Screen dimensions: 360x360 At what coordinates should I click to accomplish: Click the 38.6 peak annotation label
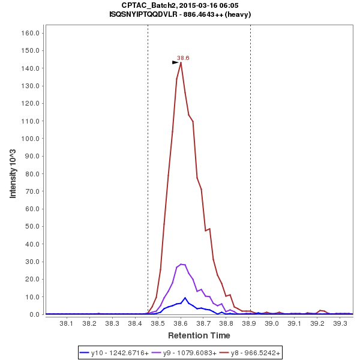coord(183,58)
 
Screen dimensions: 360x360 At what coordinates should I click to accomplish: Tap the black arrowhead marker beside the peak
coord(175,62)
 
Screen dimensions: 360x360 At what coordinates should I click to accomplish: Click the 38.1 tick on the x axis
coord(67,324)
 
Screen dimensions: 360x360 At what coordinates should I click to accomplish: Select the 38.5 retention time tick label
coord(158,324)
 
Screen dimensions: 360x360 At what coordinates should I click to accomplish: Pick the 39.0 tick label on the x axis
coord(272,324)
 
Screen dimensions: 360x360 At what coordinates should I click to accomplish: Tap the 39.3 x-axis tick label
coord(341,324)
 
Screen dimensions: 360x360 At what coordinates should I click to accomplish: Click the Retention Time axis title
coord(199,335)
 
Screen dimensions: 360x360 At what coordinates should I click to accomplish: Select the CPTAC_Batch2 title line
coord(180,5)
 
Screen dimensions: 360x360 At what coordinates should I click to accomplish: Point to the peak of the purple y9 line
coord(181,264)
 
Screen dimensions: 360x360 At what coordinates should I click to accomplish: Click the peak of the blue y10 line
coord(185,298)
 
